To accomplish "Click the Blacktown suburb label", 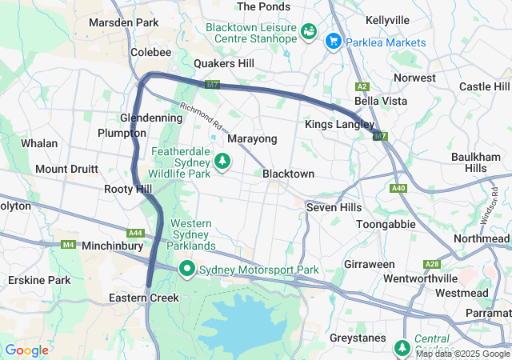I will point(288,174).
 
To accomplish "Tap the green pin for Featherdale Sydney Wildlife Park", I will point(222,162).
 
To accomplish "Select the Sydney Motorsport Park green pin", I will point(188,269).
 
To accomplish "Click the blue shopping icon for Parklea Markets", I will point(333,39).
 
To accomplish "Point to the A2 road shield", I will point(362,86).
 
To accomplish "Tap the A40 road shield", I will point(398,188).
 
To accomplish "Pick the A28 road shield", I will point(433,264).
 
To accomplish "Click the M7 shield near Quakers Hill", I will point(212,84).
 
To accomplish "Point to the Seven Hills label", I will point(334,206).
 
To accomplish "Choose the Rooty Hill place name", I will point(127,189).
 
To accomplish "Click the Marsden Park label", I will point(124,22).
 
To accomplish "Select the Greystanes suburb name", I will point(358,338).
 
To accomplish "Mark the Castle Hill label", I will point(484,86).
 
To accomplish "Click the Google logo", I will point(26,350).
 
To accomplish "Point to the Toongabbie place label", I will point(386,224).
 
